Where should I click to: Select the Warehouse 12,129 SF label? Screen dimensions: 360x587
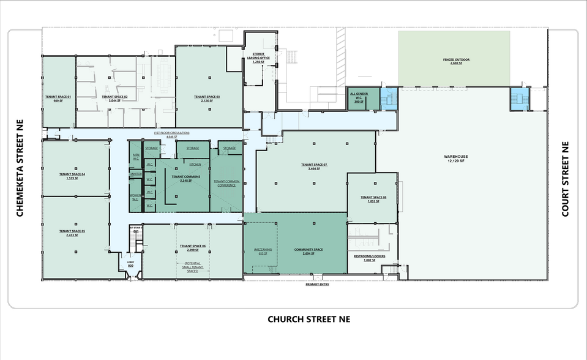[454, 159]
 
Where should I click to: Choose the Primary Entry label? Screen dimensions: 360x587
[317, 285]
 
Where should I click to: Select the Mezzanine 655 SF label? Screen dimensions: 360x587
[263, 252]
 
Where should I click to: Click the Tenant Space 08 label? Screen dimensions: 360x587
[372, 198]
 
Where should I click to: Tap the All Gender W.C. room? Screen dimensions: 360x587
[357, 99]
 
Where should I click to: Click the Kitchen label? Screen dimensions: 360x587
[195, 165]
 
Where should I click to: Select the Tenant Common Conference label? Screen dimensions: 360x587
[225, 184]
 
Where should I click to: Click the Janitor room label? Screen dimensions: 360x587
[136, 174]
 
